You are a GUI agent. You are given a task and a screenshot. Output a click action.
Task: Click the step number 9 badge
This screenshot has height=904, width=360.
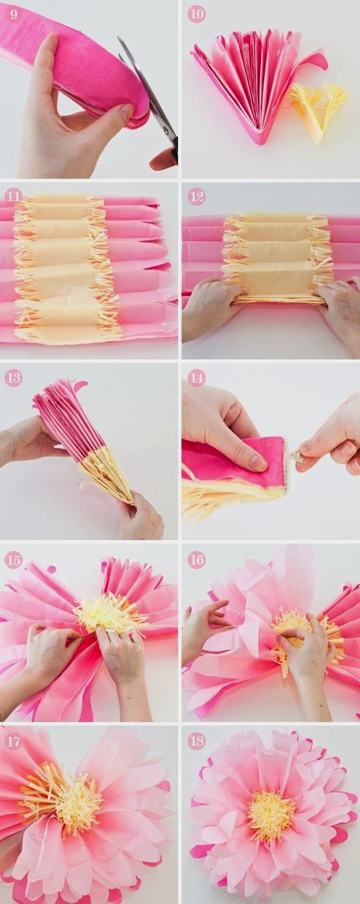[14, 15]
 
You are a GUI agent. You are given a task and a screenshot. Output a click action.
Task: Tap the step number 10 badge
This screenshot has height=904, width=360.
[197, 15]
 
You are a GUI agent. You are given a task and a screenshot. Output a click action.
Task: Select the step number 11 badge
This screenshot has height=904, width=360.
[14, 196]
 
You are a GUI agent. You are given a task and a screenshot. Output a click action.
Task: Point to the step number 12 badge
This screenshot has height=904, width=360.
[197, 196]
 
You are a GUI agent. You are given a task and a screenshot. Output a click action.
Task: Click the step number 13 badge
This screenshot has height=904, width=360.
[14, 378]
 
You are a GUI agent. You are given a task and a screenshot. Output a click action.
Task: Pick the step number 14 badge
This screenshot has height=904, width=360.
[197, 378]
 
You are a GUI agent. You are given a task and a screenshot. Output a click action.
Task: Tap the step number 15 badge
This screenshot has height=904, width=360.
[14, 560]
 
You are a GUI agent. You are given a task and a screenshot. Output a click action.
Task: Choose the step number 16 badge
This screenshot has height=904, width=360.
[197, 560]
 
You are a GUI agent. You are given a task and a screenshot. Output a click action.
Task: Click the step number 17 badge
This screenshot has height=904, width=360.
[14, 741]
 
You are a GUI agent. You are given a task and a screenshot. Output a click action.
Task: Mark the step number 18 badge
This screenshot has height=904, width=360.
[197, 741]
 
